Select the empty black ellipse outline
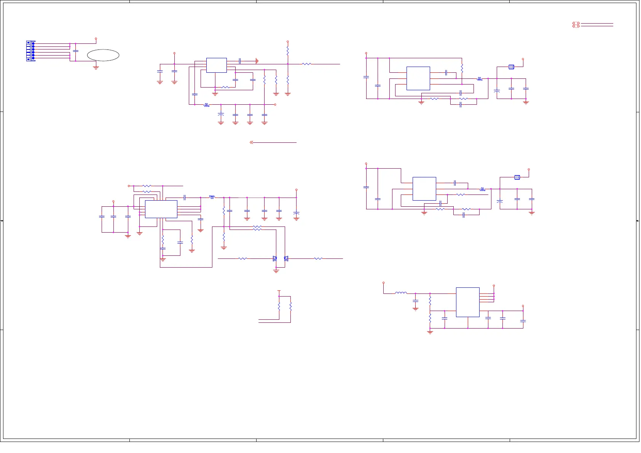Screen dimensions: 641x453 pos(103,55)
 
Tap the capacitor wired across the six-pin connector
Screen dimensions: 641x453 pos(76,51)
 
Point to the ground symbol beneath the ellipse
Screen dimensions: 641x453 pos(96,67)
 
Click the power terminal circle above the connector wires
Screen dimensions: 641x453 pos(96,39)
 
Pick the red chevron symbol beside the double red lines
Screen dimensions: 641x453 pos(576,25)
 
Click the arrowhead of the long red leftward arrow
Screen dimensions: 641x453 pos(251,142)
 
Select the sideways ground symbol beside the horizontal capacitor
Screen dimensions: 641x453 pos(257,61)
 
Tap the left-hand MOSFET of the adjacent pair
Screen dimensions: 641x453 pos(275,259)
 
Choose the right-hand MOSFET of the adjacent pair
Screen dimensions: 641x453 pos(286,259)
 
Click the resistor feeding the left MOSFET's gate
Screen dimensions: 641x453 pos(242,259)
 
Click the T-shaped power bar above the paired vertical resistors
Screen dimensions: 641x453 pos(279,291)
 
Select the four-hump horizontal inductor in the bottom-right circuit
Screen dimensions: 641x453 pos(400,293)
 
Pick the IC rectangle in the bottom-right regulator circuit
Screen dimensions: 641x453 pos(467,302)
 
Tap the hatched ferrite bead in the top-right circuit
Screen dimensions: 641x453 pos(511,67)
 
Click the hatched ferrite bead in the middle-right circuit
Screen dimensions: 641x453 pos(517,177)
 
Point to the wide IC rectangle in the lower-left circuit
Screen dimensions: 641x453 pos(161,209)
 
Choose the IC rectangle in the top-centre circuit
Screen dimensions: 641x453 pos(216,65)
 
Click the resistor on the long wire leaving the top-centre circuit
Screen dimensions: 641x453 pos(306,64)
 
